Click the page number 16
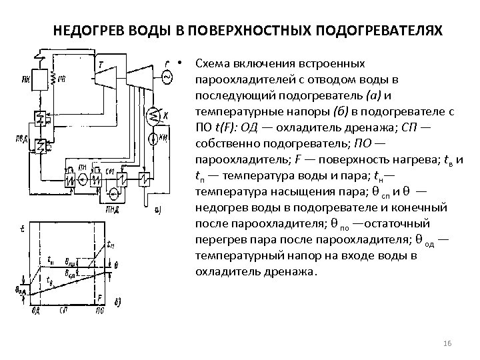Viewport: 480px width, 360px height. click(448, 343)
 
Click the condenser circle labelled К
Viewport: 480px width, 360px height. click(155, 117)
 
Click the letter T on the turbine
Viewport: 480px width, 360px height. click(101, 65)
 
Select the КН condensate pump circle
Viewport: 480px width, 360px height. click(154, 138)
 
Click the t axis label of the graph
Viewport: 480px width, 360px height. click(24, 229)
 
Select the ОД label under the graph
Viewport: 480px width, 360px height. click(37, 311)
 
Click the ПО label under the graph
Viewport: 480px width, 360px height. click(100, 311)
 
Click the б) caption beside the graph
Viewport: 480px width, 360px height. click(118, 304)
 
